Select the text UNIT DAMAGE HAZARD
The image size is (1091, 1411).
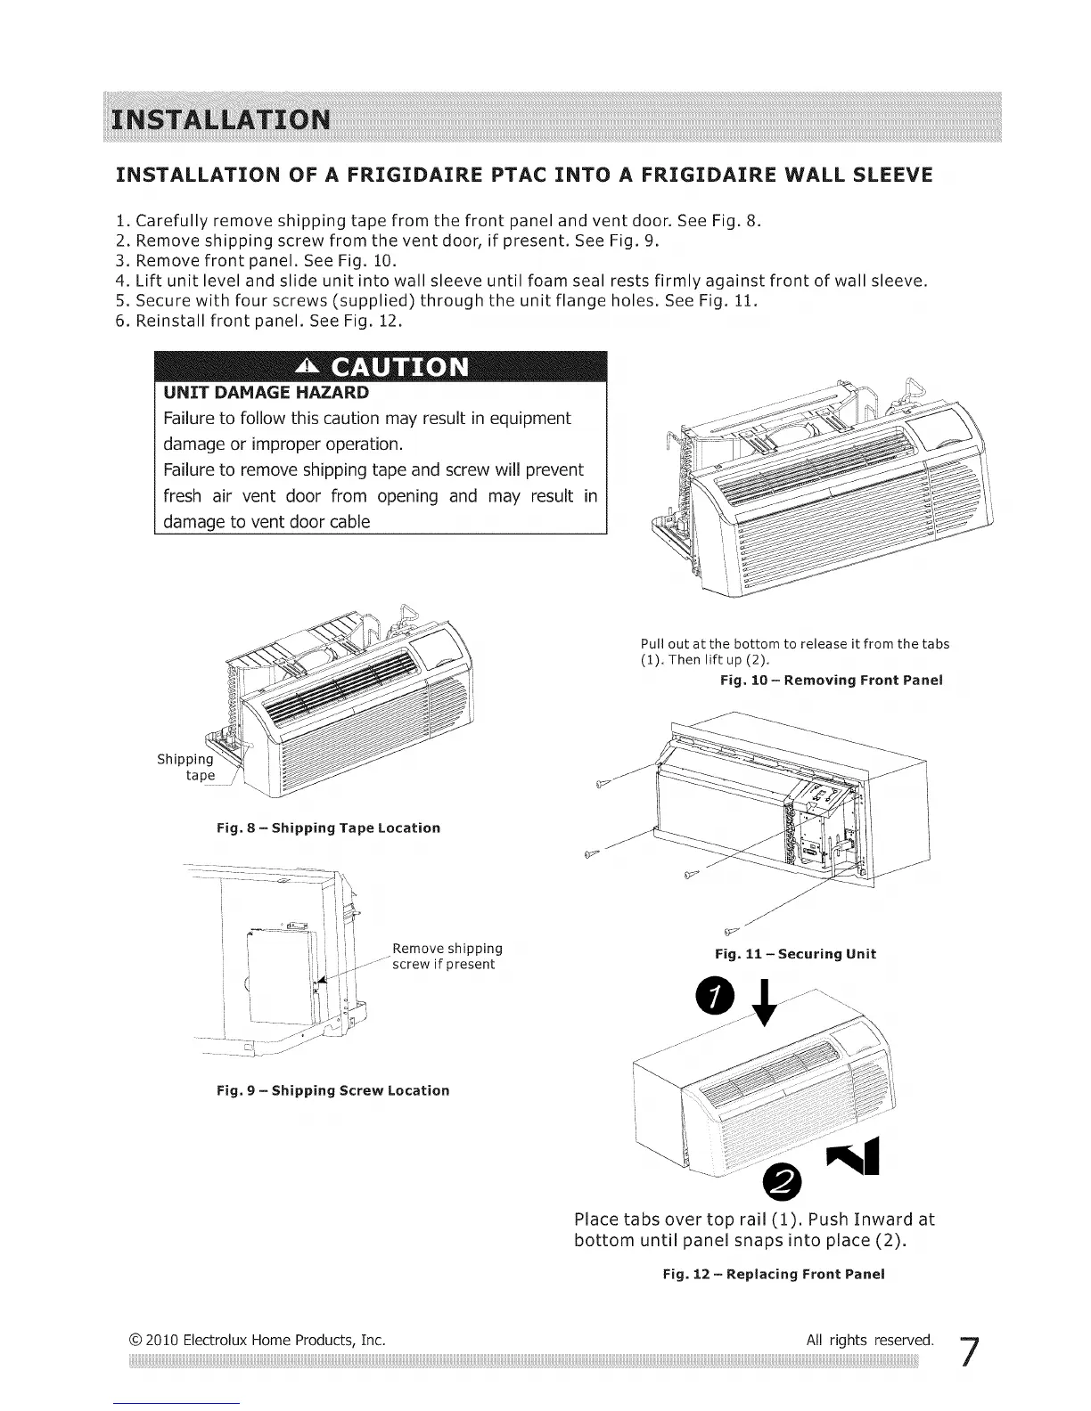coord(252,393)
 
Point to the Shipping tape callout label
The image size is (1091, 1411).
coord(186,767)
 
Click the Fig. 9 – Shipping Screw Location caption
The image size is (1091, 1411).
coord(333,1090)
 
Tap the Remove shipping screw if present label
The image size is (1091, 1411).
coord(447,956)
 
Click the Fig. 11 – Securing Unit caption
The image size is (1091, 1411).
coord(795,954)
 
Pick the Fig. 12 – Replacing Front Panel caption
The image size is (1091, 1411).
coord(774,1274)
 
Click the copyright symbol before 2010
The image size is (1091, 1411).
coord(135,1340)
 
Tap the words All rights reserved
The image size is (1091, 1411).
coord(869,1340)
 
